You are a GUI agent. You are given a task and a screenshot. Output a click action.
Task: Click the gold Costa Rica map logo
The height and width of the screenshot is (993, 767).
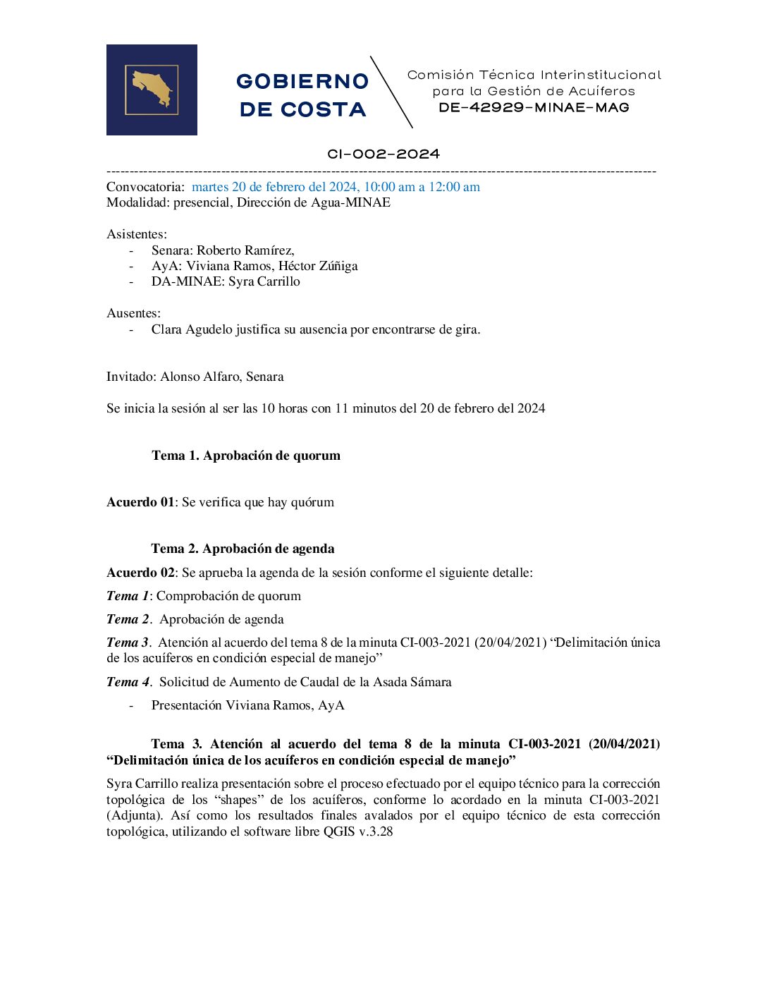(x=152, y=89)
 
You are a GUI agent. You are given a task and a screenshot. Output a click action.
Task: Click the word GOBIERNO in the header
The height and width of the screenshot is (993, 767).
(x=302, y=82)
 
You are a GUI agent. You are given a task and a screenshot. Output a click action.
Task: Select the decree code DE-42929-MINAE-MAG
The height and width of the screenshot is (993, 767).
(x=534, y=108)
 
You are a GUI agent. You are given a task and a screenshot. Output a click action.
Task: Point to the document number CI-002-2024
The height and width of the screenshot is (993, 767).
(x=383, y=154)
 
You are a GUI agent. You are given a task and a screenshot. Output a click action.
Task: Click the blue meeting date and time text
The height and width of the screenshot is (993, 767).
(x=336, y=187)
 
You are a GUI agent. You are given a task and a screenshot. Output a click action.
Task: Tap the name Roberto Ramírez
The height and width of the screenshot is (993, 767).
(x=245, y=250)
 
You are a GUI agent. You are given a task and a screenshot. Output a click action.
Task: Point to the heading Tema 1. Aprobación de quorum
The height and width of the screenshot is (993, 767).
(x=246, y=456)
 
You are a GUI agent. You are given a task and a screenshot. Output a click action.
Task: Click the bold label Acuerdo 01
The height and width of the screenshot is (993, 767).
(x=140, y=502)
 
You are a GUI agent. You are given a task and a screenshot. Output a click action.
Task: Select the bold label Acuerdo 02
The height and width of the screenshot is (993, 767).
(x=140, y=573)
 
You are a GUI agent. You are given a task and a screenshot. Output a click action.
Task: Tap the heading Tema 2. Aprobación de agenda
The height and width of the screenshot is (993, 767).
(x=243, y=549)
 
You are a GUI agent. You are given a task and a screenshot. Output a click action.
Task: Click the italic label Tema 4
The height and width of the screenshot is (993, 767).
(x=128, y=682)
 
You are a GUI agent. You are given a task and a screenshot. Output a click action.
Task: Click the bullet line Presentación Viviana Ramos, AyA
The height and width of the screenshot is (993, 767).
(x=247, y=705)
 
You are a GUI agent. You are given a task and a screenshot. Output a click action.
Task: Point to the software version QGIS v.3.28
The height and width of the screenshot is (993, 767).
(x=358, y=831)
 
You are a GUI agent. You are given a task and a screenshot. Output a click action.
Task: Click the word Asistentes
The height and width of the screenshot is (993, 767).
(x=136, y=234)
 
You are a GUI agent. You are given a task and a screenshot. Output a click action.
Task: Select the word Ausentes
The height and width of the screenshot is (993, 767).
(x=133, y=313)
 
